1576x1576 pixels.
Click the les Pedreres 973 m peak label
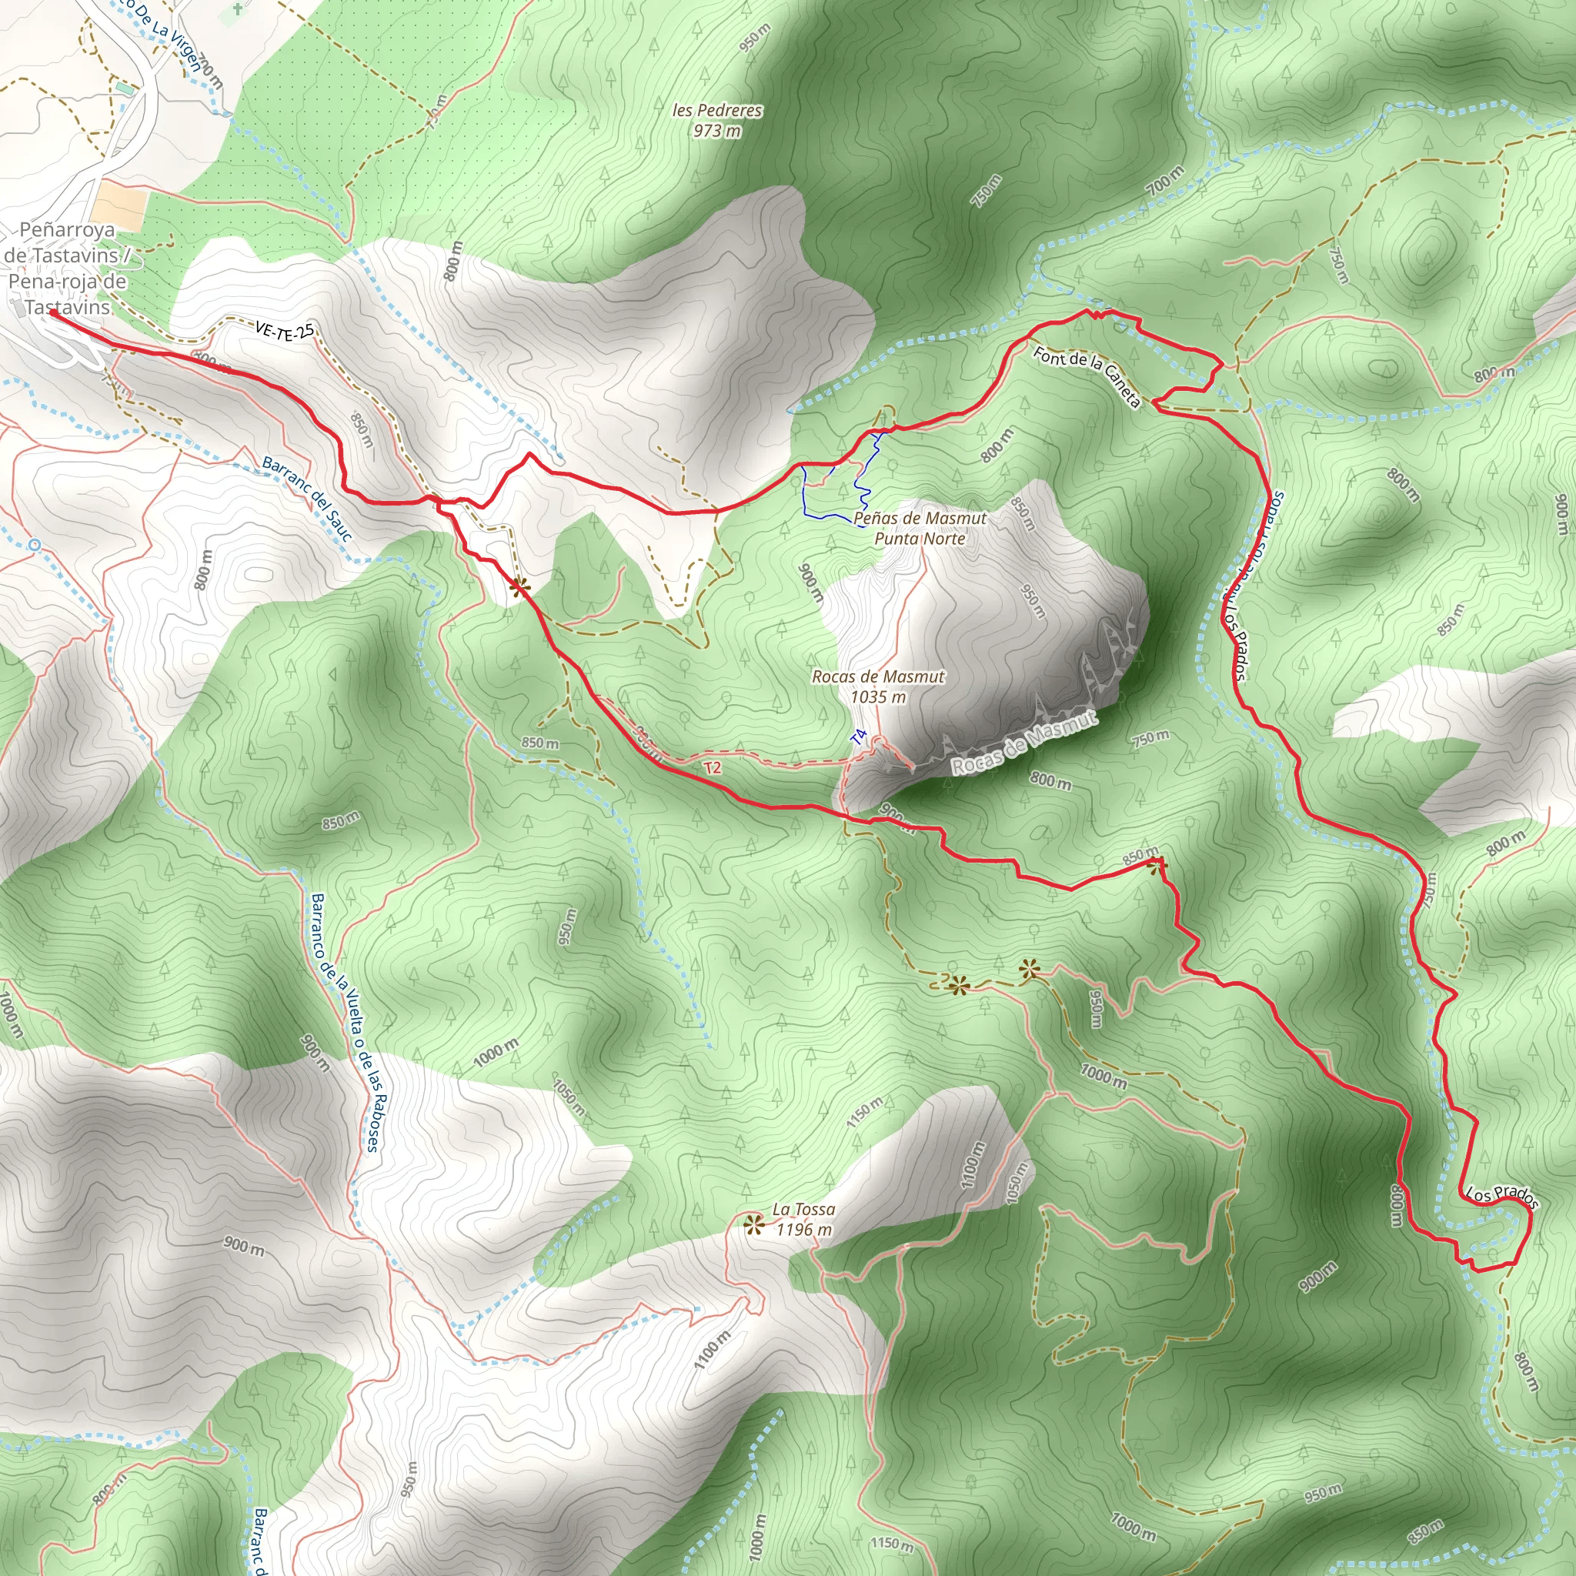coord(717,120)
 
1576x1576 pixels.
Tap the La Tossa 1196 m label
coord(803,1220)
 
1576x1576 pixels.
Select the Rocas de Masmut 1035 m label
coord(878,686)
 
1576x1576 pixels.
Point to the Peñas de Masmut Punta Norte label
coord(920,528)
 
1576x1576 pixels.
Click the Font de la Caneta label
coord(1087,376)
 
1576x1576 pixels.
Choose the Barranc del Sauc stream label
coord(307,498)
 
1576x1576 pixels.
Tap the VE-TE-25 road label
coord(284,329)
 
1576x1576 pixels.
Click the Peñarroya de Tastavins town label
coord(67,268)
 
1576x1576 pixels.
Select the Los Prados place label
coord(1502,1195)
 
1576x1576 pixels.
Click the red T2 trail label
coord(712,767)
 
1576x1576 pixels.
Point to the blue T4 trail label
coord(857,737)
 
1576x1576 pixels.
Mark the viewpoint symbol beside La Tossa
coord(753,1224)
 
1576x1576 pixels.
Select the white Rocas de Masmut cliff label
coord(1023,743)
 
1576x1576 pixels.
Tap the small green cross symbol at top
coord(237,9)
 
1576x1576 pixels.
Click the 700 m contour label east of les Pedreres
coord(1164,179)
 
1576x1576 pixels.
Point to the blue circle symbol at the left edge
coord(33,544)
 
